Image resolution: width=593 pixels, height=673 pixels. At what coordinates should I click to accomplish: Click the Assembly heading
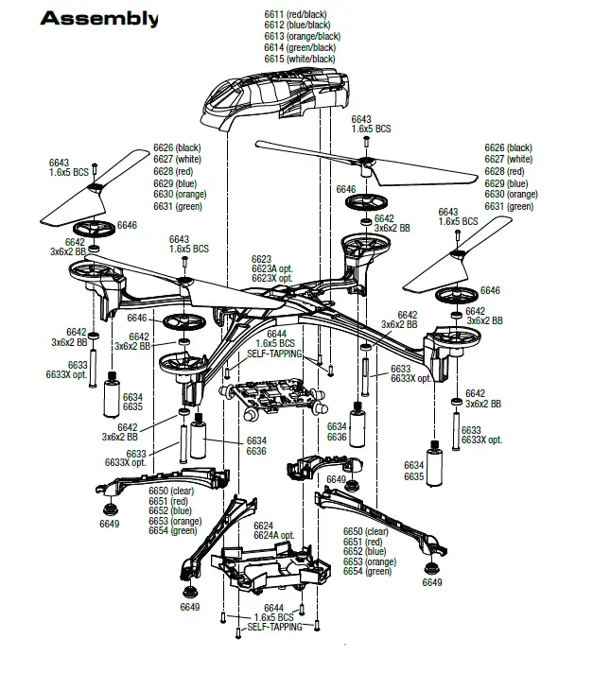tap(99, 19)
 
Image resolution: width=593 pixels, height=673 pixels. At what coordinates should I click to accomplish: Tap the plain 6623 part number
tap(261, 259)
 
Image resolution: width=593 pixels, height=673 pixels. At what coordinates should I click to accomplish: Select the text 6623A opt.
tap(272, 268)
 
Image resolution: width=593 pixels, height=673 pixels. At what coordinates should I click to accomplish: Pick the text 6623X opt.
tap(272, 279)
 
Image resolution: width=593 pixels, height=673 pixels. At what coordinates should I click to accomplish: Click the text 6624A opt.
tap(275, 536)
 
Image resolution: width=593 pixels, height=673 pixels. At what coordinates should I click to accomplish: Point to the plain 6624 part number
tap(263, 526)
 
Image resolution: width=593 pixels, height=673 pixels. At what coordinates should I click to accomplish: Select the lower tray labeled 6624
tap(265, 567)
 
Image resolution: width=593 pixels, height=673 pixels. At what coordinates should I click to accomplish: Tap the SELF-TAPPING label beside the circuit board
tap(274, 354)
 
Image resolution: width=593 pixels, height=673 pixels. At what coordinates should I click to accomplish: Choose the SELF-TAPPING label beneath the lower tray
tap(274, 627)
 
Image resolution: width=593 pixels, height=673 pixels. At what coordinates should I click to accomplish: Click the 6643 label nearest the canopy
tap(362, 120)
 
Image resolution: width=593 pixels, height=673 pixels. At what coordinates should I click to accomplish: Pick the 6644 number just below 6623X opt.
tap(276, 334)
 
